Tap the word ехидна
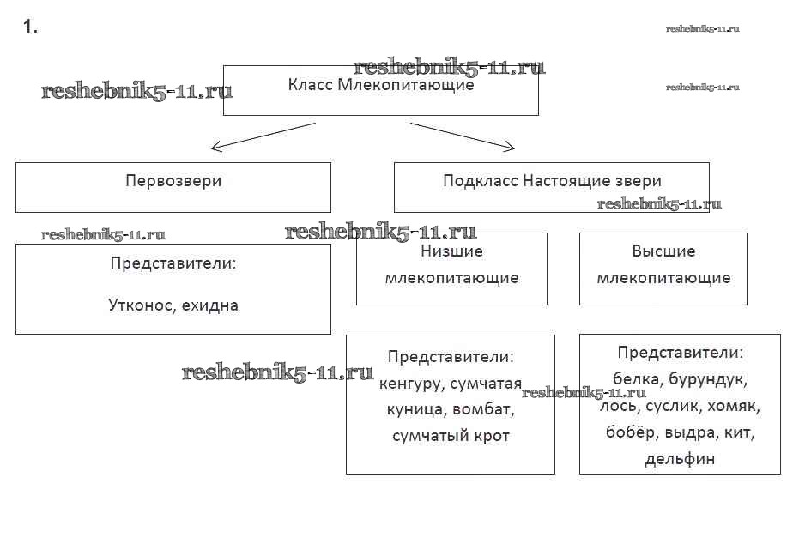(x=209, y=305)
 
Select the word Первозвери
(x=173, y=181)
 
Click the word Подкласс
(x=480, y=181)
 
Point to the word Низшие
(x=451, y=251)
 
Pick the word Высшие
(x=663, y=251)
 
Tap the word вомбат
(x=483, y=409)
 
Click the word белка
(x=635, y=378)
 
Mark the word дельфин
(x=680, y=458)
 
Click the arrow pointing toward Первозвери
(x=261, y=136)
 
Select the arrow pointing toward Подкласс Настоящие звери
(x=464, y=136)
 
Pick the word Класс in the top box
(x=309, y=85)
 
